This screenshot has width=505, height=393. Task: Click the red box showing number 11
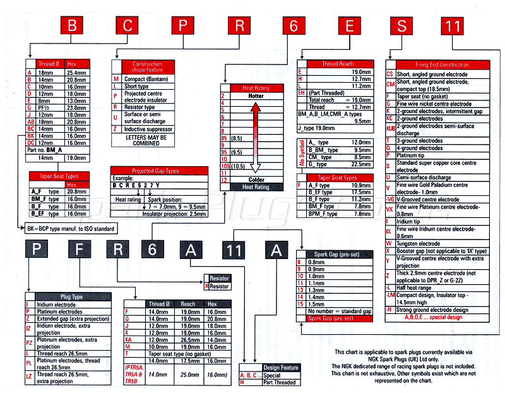pyautogui.click(x=453, y=26)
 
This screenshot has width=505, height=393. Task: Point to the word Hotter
pyautogui.click(x=256, y=95)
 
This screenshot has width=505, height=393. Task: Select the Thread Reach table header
pyautogui.click(x=338, y=64)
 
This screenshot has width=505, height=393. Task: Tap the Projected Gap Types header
pyautogui.click(x=155, y=171)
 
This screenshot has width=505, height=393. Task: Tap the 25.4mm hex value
pyautogui.click(x=76, y=73)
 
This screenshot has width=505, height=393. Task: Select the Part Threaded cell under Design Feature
pyautogui.click(x=280, y=382)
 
